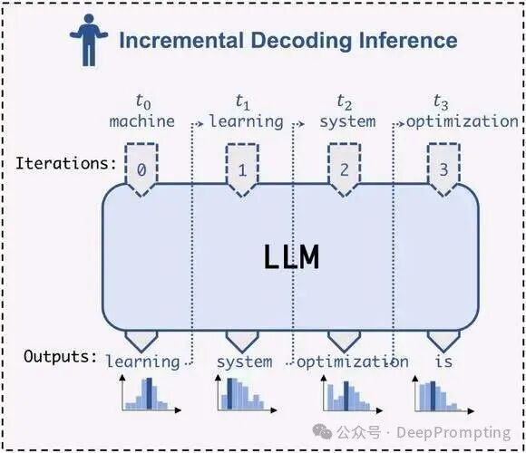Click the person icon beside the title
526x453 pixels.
click(x=89, y=40)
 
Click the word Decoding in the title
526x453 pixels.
click(x=301, y=42)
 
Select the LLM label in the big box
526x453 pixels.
click(x=291, y=257)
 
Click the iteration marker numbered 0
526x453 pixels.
click(x=141, y=169)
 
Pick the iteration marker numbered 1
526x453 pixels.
click(x=242, y=169)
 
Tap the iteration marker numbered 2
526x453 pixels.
click(x=344, y=169)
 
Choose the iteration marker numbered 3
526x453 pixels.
click(x=443, y=169)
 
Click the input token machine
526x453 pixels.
click(x=141, y=121)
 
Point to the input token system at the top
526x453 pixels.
click(x=347, y=122)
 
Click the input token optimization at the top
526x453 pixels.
click(x=463, y=122)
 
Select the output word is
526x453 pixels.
click(x=443, y=361)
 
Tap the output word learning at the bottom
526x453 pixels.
click(x=143, y=361)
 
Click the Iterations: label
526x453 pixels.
click(x=66, y=163)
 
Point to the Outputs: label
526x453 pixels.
click(x=61, y=356)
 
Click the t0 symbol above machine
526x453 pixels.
click(x=143, y=101)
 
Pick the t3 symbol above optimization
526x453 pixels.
click(x=441, y=101)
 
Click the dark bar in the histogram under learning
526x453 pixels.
click(x=150, y=393)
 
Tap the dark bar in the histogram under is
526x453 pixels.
click(x=433, y=396)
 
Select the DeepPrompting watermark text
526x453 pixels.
click(x=453, y=432)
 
